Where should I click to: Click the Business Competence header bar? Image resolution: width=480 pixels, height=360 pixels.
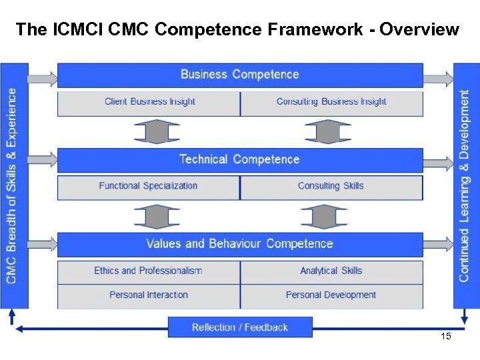(x=240, y=75)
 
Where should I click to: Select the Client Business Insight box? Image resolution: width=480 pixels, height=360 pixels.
(x=149, y=103)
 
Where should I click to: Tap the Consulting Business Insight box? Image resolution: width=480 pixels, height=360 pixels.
(x=331, y=103)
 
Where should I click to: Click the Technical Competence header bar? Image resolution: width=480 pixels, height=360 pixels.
(x=240, y=160)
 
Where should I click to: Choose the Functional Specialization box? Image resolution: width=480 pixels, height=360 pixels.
(x=148, y=187)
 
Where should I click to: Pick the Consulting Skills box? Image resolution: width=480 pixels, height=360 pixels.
(x=331, y=187)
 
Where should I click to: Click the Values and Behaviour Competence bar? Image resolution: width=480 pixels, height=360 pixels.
(x=240, y=244)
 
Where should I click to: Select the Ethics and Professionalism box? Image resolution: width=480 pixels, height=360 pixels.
(x=148, y=271)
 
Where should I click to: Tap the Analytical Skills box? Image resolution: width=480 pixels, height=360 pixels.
(x=331, y=271)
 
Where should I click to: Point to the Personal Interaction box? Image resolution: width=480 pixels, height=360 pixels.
(x=148, y=295)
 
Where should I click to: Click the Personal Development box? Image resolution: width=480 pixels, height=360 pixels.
(x=331, y=295)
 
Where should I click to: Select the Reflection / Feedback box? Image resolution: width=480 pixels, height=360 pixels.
(x=240, y=327)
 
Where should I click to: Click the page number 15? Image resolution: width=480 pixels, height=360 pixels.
(x=446, y=337)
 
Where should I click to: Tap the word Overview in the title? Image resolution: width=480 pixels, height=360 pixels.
(x=420, y=29)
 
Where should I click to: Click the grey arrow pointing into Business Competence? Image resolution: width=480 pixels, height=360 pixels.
(x=43, y=79)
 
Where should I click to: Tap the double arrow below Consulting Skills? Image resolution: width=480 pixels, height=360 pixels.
(x=323, y=216)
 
